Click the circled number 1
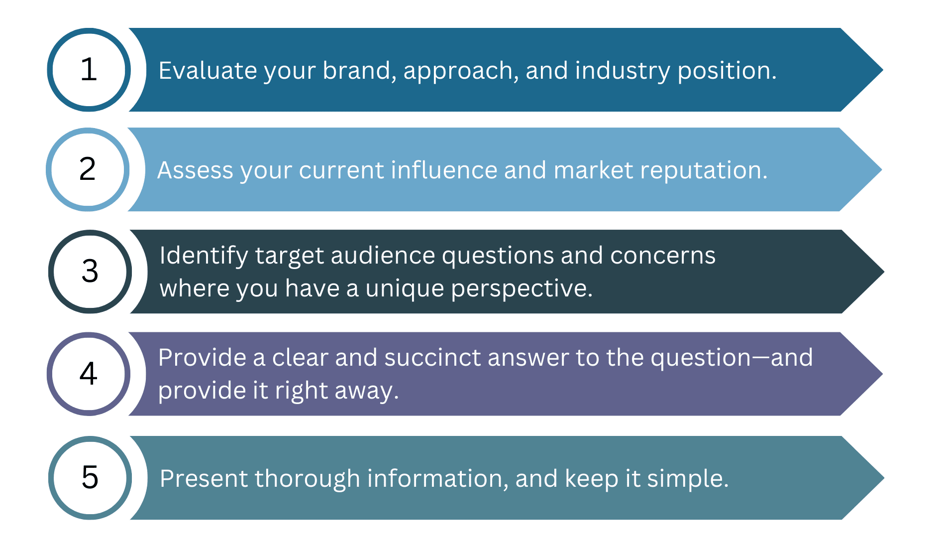coord(89,70)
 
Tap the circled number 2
coord(88,169)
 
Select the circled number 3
coord(90,272)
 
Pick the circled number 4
coord(89,374)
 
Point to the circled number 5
coord(90,478)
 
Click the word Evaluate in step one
coord(208,70)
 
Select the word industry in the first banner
coord(623,70)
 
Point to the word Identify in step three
coord(204,256)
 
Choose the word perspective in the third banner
coord(521,288)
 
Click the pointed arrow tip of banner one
coord(883,70)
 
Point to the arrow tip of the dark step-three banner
coord(884,272)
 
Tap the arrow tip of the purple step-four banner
coord(883,374)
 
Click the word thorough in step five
coord(308,479)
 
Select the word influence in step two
coord(444,170)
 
